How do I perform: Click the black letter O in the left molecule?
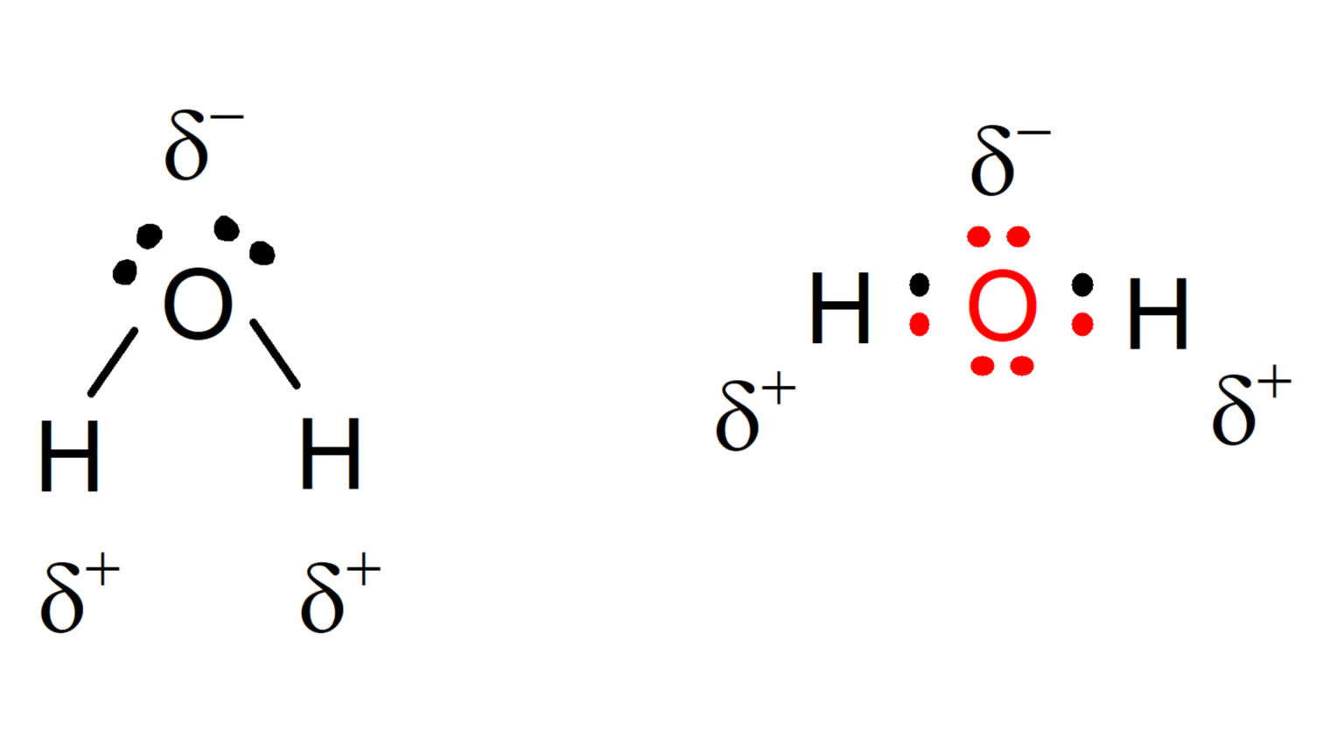198,304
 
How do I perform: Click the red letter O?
1003,305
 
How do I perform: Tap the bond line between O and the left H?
113,362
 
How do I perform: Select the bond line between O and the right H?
275,354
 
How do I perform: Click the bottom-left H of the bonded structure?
69,455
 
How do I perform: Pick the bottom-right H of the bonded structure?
330,453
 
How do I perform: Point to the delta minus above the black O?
204,145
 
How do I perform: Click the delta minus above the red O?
1011,160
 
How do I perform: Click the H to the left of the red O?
840,307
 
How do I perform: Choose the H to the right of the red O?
1158,313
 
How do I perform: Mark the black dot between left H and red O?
920,285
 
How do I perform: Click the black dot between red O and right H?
1081,285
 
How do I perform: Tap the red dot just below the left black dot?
920,325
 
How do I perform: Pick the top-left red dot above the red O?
978,236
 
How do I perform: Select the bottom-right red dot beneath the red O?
1022,366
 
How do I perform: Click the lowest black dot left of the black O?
125,272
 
